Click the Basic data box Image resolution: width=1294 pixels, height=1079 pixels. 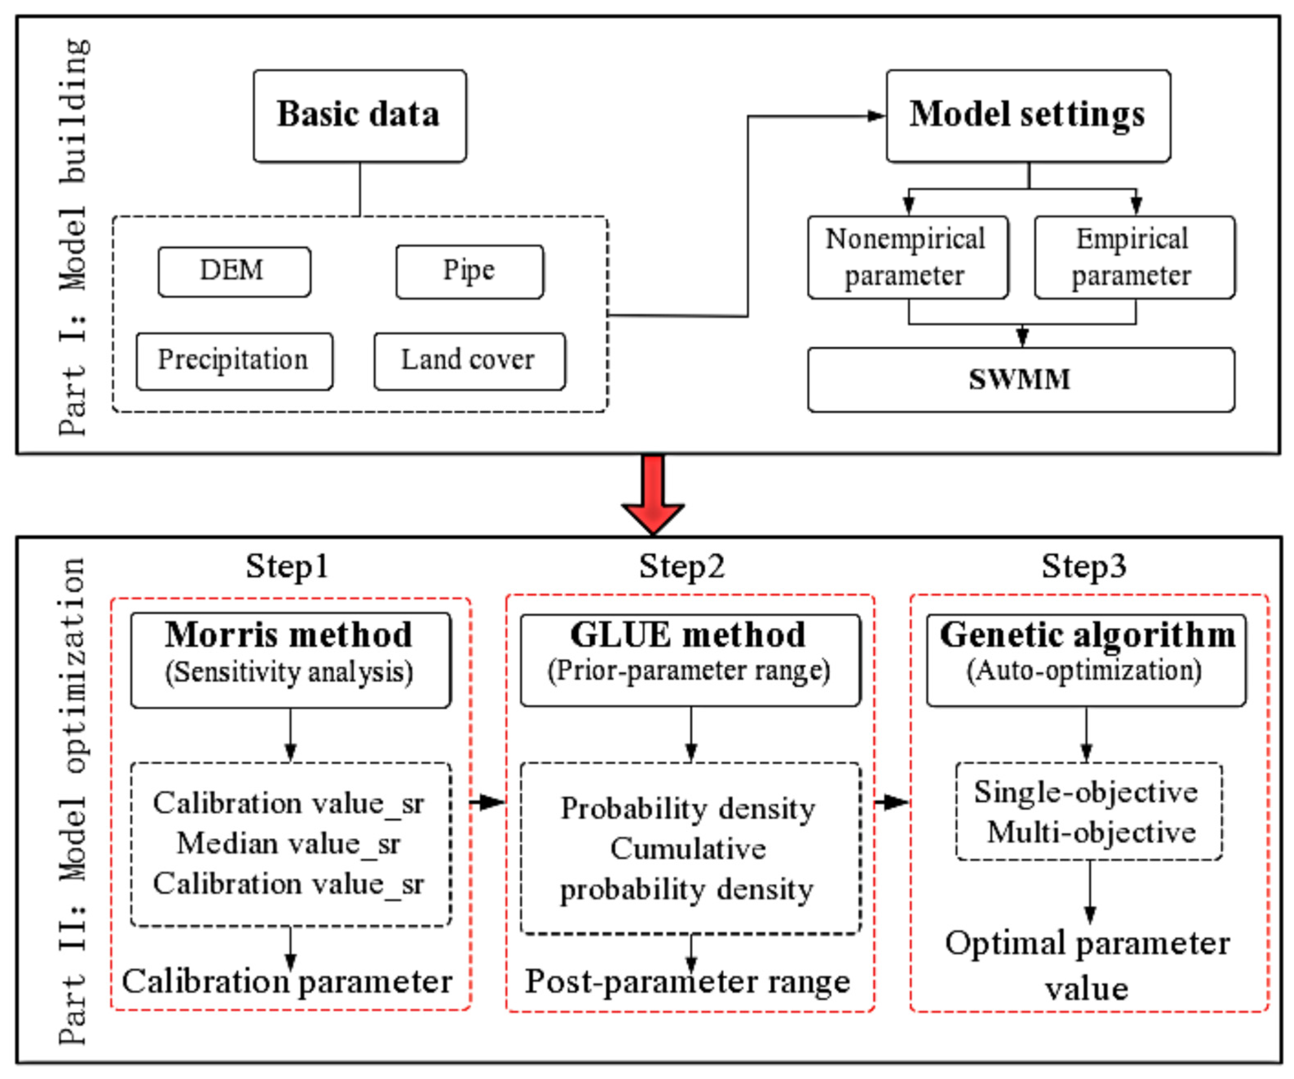pyautogui.click(x=359, y=116)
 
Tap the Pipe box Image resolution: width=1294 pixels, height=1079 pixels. pyautogui.click(x=470, y=272)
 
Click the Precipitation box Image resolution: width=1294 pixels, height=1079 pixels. pyautogui.click(x=234, y=361)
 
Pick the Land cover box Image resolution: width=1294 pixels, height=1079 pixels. pyautogui.click(x=469, y=361)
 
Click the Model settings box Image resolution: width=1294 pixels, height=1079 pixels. pyautogui.click(x=1028, y=116)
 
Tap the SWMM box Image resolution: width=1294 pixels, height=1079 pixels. pyautogui.click(x=1021, y=379)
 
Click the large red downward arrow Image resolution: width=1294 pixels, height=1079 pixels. pyautogui.click(x=653, y=493)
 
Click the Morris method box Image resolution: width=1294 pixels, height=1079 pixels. pyautogui.click(x=290, y=659)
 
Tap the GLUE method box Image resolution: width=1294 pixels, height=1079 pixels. pyautogui.click(x=690, y=659)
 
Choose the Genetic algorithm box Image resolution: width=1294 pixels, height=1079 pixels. pyautogui.click(x=1086, y=659)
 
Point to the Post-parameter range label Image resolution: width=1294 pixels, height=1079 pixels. pyautogui.click(x=688, y=981)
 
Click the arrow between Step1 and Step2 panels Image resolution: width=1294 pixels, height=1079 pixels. pyautogui.click(x=488, y=802)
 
